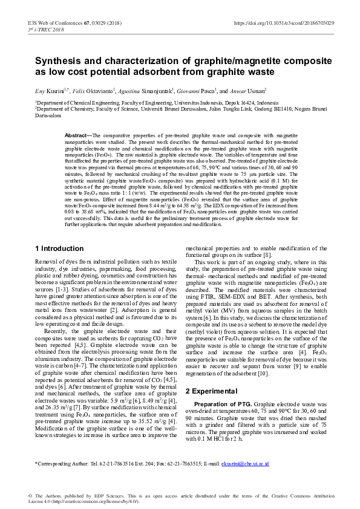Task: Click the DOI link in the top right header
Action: click(x=292, y=23)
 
